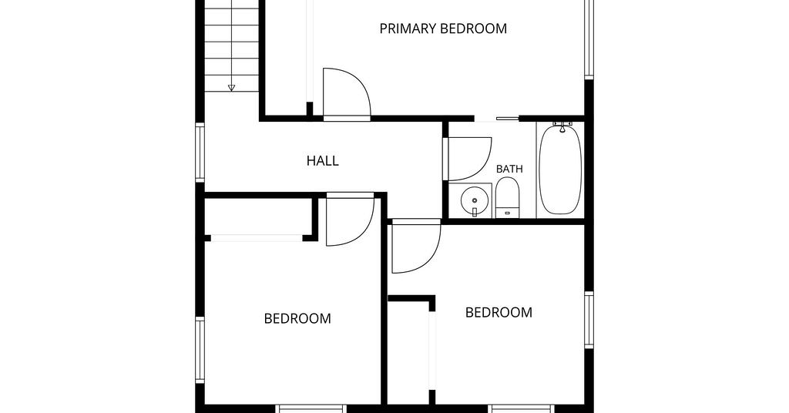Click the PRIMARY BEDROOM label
click(443, 29)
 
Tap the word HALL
click(323, 161)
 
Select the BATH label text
click(509, 169)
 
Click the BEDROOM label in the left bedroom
click(297, 318)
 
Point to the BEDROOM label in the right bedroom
click(499, 312)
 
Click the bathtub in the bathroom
click(560, 170)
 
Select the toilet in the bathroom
click(507, 197)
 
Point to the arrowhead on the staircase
click(231, 88)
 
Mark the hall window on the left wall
click(200, 153)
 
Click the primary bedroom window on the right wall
click(589, 39)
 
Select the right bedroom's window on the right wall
click(589, 320)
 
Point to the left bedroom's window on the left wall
click(200, 350)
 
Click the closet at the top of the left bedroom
click(259, 217)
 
